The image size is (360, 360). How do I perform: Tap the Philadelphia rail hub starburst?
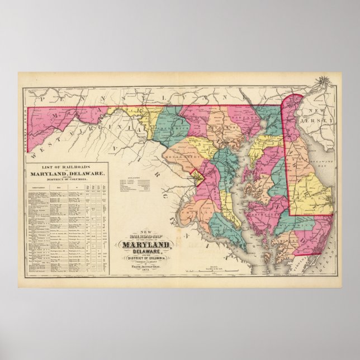pyautogui.click(x=323, y=84)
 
